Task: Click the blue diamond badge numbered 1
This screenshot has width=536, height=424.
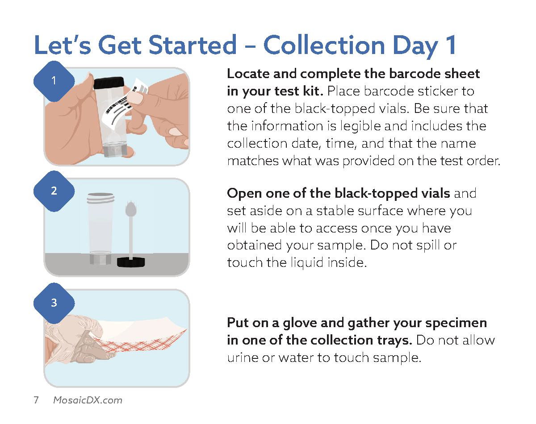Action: (54, 81)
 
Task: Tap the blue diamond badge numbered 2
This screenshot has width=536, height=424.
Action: (54, 191)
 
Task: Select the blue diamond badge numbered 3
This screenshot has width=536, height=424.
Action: (54, 303)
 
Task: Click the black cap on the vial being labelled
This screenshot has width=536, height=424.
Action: (109, 83)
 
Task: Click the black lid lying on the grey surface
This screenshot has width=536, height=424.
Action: (131, 262)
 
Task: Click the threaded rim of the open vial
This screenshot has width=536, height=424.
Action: (100, 198)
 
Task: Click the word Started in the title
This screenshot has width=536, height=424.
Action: (193, 45)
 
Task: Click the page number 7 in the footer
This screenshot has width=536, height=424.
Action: (36, 400)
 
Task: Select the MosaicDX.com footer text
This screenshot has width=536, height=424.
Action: (88, 400)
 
